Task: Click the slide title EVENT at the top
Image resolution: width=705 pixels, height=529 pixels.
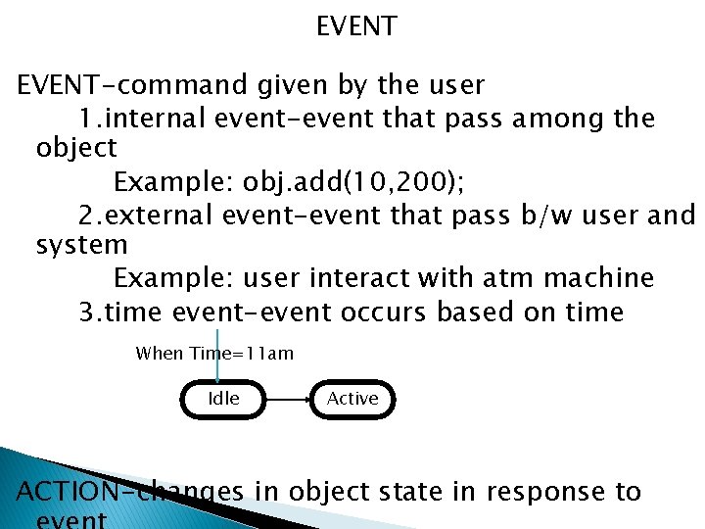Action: click(x=356, y=26)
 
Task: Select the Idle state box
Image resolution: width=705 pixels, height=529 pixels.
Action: click(x=224, y=399)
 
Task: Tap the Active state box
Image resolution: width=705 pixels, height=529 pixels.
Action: click(x=352, y=399)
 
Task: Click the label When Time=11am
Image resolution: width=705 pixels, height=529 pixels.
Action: click(x=214, y=353)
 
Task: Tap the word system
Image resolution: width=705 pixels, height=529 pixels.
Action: click(x=81, y=245)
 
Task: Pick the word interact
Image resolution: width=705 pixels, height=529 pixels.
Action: click(x=359, y=278)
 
